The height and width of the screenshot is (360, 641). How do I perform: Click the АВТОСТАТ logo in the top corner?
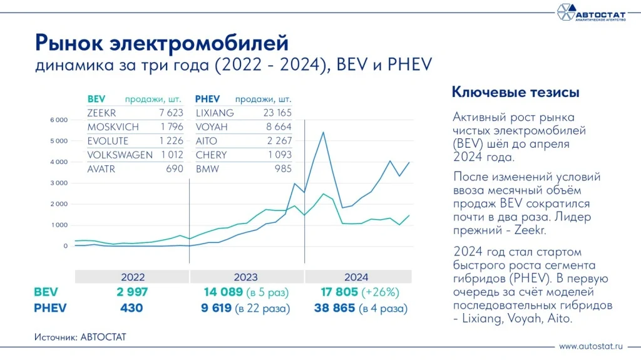pos(591,12)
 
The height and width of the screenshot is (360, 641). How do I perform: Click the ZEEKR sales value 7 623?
pos(170,113)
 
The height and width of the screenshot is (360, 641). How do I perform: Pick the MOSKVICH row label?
pos(113,127)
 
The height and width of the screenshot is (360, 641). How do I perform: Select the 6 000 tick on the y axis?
pos(58,120)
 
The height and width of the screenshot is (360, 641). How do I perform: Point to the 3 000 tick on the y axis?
pos(58,183)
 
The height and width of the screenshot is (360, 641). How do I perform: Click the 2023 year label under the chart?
pos(247,277)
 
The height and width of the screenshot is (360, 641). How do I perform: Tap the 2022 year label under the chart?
pos(132,277)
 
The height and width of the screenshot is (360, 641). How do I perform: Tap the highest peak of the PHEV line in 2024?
pos(323,132)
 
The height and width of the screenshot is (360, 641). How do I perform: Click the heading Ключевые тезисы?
pos(515,92)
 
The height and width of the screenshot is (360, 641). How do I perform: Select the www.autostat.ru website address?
pos(592,346)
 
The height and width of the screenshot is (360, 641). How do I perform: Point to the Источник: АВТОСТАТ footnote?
pos(81,337)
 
